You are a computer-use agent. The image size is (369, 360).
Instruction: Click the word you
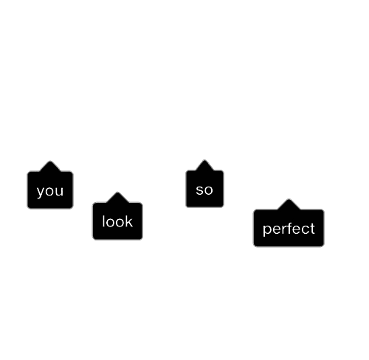pos(50,191)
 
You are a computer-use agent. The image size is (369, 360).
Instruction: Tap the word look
pos(117,221)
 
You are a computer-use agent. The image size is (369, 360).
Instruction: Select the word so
pos(204,190)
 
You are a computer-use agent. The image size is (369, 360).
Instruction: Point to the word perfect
pos(289,229)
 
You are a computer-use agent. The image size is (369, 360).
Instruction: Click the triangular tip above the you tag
pos(50,162)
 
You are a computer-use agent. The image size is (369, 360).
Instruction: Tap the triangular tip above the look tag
pos(117,193)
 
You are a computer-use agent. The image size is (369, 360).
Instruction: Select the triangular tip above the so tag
pos(204,160)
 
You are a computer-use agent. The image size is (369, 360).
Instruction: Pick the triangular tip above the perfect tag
pos(289,199)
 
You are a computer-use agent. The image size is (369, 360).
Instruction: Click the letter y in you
pos(41,192)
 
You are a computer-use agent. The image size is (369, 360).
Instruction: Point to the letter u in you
pos(60,191)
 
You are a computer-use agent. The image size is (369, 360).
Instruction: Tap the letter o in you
pos(50,191)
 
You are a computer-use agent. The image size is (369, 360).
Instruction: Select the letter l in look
pos(103,221)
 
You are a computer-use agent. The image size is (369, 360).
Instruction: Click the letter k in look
pos(129,221)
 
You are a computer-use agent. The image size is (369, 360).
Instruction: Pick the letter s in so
pos(199,190)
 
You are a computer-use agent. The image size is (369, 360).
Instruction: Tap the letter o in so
pos(208,190)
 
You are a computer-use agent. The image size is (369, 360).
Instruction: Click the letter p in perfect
pos(267,230)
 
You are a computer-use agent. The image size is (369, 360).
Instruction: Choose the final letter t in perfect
pos(312,229)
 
